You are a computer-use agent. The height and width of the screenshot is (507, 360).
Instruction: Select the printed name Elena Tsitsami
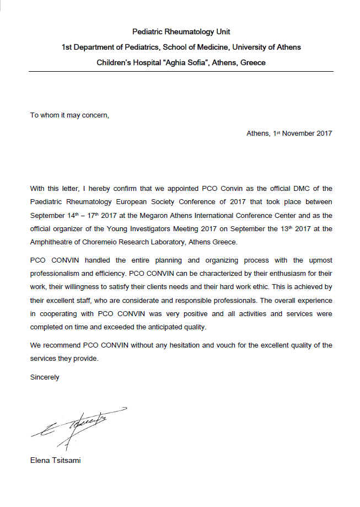(55, 460)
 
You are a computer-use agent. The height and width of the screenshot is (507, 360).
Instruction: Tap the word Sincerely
(45, 378)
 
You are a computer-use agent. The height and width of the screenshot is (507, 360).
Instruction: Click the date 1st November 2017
(303, 134)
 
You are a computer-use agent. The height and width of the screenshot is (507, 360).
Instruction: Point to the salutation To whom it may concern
(69, 115)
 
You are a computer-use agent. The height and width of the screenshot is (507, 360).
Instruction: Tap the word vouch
(229, 345)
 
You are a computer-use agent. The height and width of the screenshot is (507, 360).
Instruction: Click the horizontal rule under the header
(181, 72)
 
